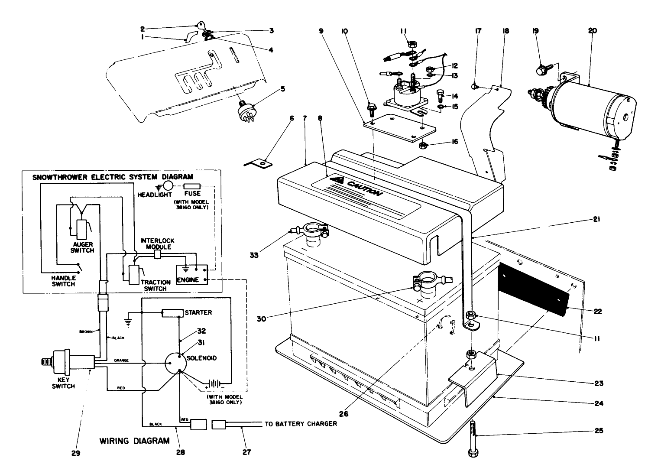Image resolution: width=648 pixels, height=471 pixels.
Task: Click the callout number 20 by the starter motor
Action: tap(592, 31)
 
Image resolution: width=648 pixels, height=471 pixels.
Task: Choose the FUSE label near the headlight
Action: tap(192, 193)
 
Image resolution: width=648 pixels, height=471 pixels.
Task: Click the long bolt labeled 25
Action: tap(473, 438)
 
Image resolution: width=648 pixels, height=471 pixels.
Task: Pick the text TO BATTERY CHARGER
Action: tap(301, 423)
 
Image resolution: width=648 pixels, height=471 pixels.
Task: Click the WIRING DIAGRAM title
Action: tap(135, 441)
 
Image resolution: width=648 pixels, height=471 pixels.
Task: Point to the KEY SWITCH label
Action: tap(63, 383)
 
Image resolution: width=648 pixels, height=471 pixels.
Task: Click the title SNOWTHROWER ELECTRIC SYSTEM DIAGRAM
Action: tap(113, 177)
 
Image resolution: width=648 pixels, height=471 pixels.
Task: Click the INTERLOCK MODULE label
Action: tap(156, 244)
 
